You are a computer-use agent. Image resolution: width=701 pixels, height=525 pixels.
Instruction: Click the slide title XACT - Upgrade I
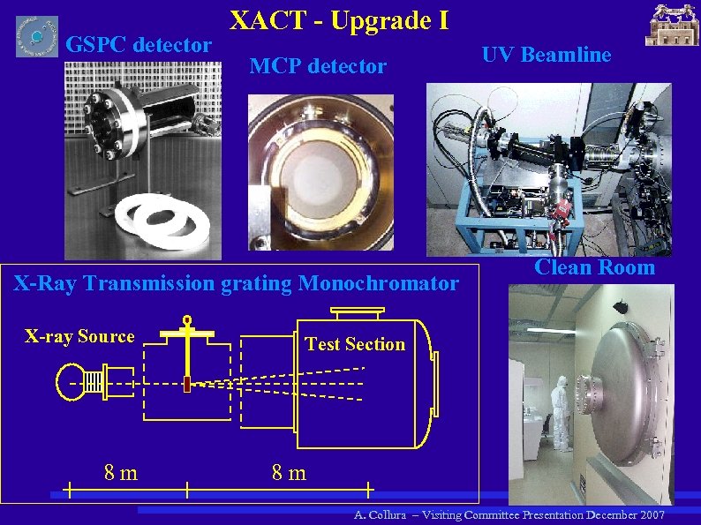(339, 19)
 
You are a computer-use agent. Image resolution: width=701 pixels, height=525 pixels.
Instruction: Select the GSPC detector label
(139, 44)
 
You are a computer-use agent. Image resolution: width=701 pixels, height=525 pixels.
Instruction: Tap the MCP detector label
(318, 66)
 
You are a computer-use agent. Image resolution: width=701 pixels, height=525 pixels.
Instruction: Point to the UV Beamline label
(546, 55)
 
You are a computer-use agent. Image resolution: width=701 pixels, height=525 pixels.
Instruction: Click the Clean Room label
(595, 267)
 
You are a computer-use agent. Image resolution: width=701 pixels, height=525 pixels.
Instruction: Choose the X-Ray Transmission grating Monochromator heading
(233, 283)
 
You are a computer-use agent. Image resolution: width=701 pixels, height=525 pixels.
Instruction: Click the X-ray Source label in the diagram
(79, 336)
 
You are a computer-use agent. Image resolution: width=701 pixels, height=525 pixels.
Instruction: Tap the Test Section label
(355, 344)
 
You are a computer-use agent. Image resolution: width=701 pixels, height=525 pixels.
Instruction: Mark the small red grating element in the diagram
(187, 383)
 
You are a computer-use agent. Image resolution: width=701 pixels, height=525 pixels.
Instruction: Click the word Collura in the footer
(389, 514)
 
